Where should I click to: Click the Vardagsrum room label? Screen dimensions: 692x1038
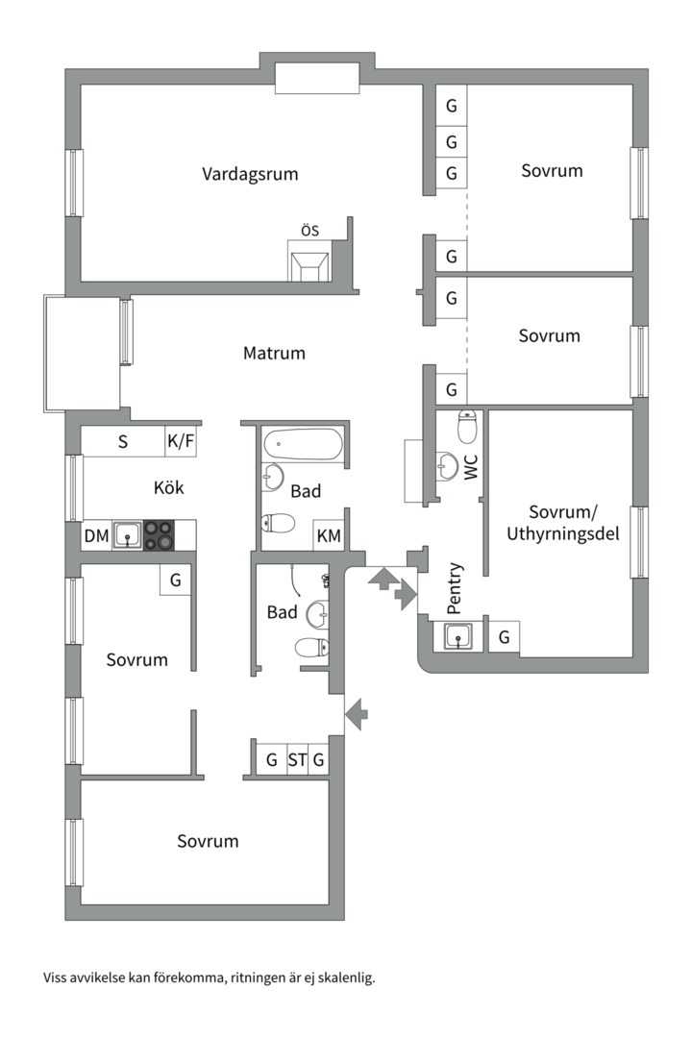(x=250, y=174)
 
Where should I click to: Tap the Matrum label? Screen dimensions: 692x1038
(x=274, y=353)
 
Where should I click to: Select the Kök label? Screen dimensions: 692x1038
(x=169, y=487)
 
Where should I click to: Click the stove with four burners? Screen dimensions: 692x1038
(x=159, y=535)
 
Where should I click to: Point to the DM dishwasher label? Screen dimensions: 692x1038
(x=97, y=535)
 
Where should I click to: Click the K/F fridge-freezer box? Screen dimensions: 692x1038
(x=181, y=441)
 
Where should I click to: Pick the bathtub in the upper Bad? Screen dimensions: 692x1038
(x=303, y=445)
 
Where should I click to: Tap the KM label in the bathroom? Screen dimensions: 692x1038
(x=329, y=535)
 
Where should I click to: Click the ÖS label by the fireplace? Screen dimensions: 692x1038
(x=309, y=230)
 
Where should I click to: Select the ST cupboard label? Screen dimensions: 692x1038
(x=297, y=759)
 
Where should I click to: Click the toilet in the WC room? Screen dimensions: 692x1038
(x=468, y=427)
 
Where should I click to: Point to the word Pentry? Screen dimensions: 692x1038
(x=455, y=588)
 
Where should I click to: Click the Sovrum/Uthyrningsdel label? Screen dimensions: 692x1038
(x=563, y=522)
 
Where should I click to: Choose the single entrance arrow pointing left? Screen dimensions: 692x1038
(x=357, y=713)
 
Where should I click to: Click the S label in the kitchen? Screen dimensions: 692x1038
(x=122, y=441)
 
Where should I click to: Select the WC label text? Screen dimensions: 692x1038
(x=471, y=467)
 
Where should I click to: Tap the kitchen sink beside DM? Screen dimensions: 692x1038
(x=127, y=535)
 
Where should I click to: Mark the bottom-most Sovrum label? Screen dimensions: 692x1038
(x=208, y=841)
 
